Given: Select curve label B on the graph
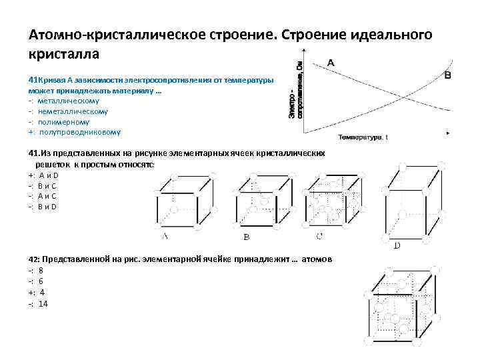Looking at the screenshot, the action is click(x=447, y=76).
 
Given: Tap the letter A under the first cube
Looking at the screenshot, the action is click(x=164, y=235).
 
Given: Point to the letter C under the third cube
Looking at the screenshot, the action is click(x=320, y=235).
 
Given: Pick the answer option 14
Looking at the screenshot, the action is click(x=43, y=303).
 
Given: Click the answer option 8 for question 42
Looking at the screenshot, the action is click(x=41, y=271).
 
